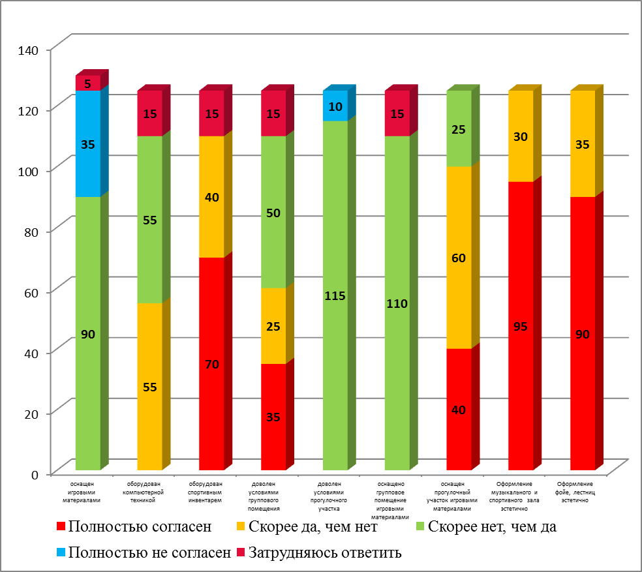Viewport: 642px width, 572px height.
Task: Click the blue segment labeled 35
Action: [88, 144]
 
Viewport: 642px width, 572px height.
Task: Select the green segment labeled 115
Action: [335, 295]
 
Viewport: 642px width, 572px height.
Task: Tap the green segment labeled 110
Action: [397, 303]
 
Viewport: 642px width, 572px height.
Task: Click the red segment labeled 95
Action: [521, 325]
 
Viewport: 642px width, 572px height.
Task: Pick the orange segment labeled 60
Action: [459, 257]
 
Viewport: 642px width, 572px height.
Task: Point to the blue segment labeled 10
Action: [335, 106]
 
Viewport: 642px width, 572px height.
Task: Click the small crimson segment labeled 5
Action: [88, 83]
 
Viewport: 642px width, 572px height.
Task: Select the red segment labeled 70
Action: [211, 363]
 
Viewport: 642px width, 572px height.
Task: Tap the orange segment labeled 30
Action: [521, 136]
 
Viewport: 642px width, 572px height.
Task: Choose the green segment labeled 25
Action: [459, 128]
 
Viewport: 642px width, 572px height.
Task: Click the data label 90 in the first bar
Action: [88, 334]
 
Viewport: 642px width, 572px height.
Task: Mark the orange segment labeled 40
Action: [211, 196]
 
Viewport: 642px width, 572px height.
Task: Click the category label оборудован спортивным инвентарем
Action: [211, 492]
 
